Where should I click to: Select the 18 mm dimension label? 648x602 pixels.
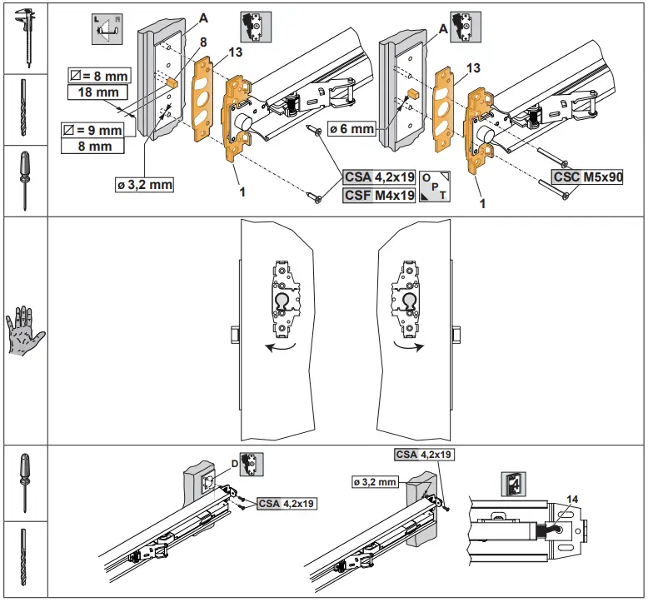[97, 92]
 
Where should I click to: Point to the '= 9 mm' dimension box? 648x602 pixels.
[92, 131]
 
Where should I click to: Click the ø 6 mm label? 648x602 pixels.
[351, 128]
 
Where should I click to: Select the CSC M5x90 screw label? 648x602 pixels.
[587, 177]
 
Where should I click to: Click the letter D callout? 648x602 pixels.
[234, 464]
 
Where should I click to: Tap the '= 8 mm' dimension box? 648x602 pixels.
[97, 77]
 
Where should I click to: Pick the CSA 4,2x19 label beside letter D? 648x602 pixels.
[287, 503]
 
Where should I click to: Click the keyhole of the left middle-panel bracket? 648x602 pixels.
[283, 301]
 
